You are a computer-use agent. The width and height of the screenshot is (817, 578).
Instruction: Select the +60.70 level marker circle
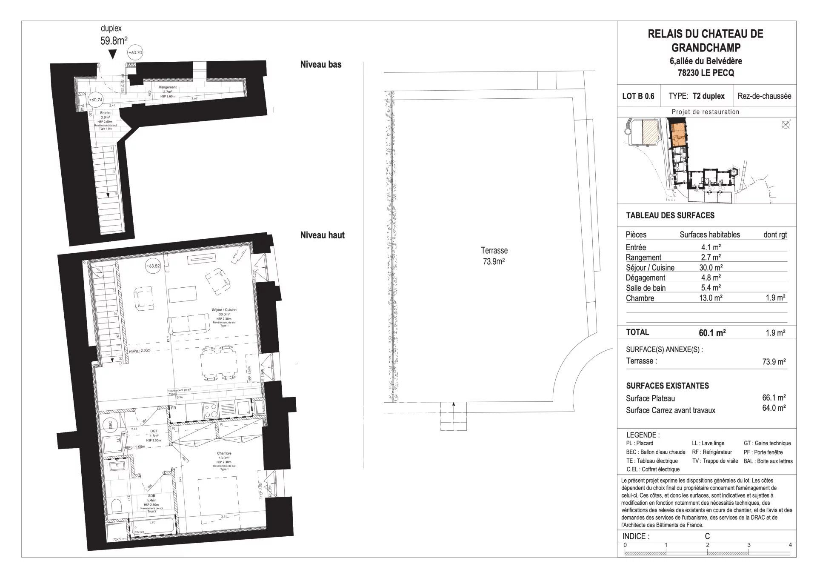pos(135,53)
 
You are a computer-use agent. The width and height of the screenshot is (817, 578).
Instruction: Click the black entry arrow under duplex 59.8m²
pos(112,54)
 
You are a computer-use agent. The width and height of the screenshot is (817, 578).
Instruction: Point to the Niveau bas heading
pos(320,65)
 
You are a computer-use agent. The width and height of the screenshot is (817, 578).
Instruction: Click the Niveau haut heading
pos(322,235)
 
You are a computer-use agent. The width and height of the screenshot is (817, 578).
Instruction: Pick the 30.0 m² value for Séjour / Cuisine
pos(712,268)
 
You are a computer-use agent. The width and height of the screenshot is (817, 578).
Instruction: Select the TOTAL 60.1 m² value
pos(711,333)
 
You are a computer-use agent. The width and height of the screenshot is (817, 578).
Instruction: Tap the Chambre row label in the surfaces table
pos(640,298)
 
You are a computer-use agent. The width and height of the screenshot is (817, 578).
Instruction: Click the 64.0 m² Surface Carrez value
pos(774,408)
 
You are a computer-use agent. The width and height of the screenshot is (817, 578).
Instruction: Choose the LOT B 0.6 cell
pos(638,96)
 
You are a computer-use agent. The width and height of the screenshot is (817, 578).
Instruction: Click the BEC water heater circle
pos(110,424)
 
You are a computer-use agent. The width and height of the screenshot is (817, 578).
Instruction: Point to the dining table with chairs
pos(220,363)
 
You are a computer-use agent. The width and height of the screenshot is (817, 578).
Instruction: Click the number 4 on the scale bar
pos(790,545)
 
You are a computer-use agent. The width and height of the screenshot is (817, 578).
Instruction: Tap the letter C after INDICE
pos(707,536)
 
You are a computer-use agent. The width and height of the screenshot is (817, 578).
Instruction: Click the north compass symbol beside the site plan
pos(786,125)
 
